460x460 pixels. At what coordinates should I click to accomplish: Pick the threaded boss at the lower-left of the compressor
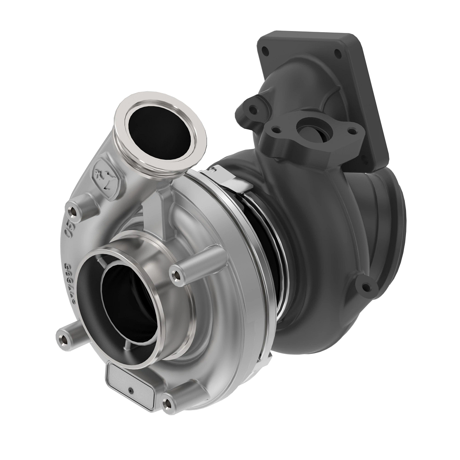(62, 338)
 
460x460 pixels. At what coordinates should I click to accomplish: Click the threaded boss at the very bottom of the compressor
(167, 402)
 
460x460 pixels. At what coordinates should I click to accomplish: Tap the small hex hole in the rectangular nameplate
(131, 391)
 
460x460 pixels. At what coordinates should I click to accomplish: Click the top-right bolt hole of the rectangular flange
(338, 54)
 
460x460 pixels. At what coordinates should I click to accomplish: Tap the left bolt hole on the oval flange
(276, 130)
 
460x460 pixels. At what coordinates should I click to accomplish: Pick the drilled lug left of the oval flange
(253, 110)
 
